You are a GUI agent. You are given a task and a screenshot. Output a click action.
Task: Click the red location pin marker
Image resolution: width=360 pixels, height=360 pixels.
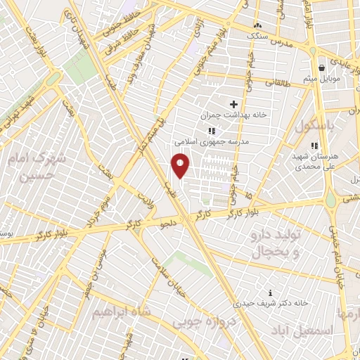(x=180, y=165)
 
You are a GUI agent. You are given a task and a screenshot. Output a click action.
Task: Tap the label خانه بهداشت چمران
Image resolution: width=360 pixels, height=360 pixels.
(x=233, y=115)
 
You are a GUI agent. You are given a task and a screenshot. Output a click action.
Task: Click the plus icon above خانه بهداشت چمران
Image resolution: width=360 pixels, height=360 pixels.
(x=233, y=104)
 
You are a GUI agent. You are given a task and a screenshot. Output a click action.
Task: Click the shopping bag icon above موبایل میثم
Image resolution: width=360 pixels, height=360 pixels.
(x=321, y=68)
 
